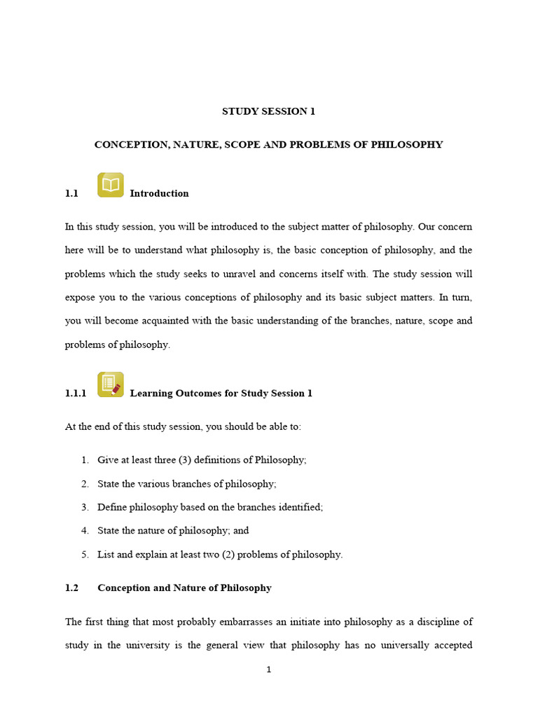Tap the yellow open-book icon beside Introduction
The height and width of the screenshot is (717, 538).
(x=111, y=185)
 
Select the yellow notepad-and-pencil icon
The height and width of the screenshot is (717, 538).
(x=111, y=384)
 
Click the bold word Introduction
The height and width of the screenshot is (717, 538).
(x=159, y=193)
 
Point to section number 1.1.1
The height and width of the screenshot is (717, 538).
(x=76, y=394)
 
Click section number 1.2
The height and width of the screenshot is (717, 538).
(x=72, y=588)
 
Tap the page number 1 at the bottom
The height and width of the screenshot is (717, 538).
(x=268, y=670)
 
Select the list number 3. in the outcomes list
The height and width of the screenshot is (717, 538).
(x=85, y=507)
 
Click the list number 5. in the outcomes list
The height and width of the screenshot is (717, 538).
(x=85, y=555)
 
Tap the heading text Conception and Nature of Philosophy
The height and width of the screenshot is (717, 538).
(x=184, y=588)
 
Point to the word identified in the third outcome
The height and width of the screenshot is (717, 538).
(x=300, y=507)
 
